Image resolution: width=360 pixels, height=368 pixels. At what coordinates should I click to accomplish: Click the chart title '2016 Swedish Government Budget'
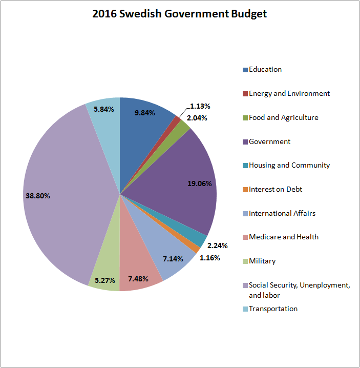[179, 14]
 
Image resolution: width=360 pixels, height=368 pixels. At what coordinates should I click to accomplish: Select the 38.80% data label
[37, 195]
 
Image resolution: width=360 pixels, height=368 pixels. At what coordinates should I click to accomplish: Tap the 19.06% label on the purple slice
[200, 183]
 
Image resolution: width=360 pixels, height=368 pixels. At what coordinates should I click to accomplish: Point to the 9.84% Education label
[145, 113]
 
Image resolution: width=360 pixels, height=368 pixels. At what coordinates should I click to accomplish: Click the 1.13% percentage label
[200, 106]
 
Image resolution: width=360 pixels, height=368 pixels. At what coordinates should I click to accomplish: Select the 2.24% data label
[218, 245]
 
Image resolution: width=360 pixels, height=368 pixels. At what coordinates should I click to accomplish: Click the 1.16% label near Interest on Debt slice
[210, 258]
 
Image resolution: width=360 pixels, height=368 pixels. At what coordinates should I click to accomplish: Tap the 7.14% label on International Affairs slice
[173, 259]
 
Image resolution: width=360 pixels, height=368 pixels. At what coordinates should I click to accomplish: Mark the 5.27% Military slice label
[104, 280]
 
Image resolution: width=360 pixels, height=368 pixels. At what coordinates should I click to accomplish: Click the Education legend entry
[265, 70]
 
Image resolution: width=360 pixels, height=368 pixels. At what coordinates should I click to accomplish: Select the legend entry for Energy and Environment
[289, 94]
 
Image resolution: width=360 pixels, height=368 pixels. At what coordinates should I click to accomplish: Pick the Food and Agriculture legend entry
[284, 118]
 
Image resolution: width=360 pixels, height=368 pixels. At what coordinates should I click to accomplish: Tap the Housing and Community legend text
[289, 166]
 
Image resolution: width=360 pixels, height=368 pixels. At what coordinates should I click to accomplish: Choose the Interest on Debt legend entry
[276, 190]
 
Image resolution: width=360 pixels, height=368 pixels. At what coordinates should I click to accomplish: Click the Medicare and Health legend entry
[284, 237]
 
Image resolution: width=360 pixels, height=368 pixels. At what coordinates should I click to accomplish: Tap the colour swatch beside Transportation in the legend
[245, 309]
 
